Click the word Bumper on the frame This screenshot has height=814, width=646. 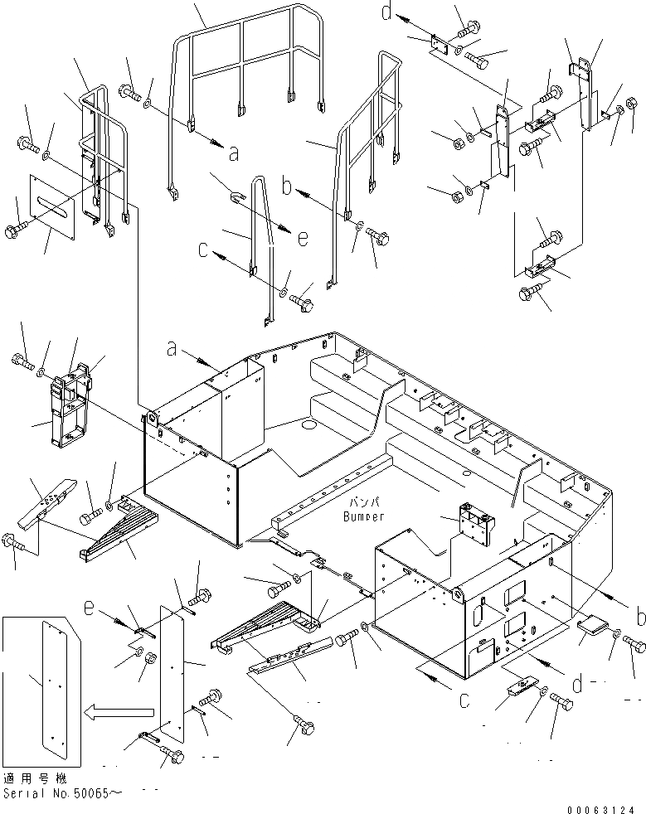(x=362, y=517)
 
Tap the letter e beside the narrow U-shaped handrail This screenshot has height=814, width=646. (x=302, y=238)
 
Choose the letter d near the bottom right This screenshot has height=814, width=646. (x=579, y=684)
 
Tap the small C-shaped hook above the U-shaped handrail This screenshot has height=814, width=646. (x=236, y=196)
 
